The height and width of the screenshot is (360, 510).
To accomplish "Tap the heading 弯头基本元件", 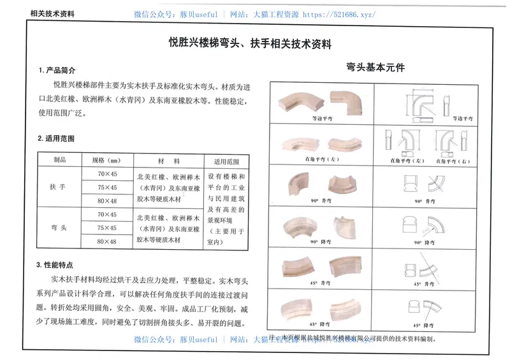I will coord(376,66).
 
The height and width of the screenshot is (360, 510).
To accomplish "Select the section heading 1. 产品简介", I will coord(57,69).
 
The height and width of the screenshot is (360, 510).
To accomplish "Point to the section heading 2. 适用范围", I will coord(57,138).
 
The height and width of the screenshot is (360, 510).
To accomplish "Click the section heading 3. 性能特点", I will coord(57,264).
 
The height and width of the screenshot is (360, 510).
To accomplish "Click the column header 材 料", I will coord(168,161).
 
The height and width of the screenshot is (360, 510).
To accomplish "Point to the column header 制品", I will coord(59,160).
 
